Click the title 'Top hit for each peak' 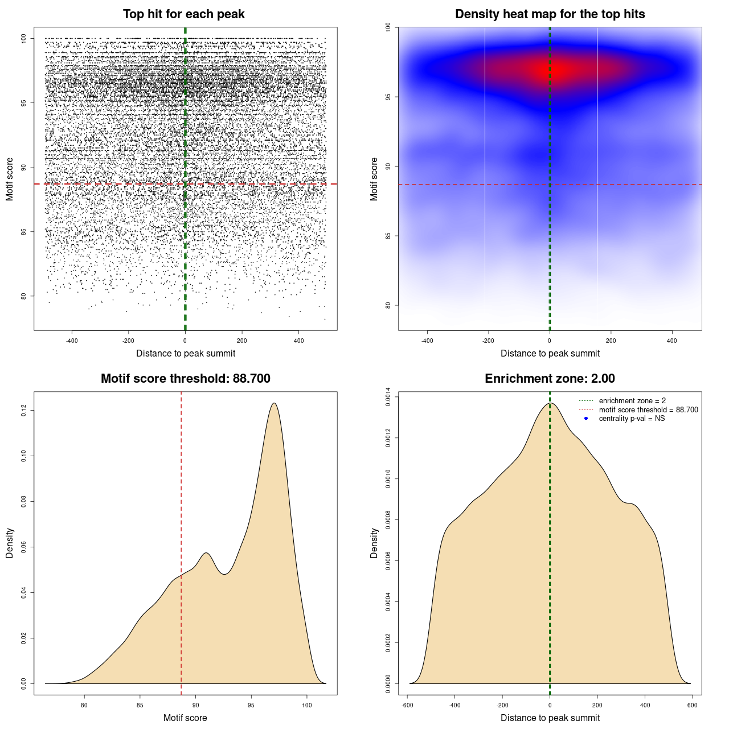183,14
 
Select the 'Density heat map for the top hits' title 550,14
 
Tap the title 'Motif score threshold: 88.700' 185,379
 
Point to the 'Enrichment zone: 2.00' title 550,379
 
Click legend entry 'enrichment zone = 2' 632,401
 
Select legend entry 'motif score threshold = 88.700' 648,410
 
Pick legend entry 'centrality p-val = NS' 632,419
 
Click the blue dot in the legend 586,419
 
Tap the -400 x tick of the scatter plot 72,341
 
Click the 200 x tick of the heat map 611,341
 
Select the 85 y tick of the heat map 388,236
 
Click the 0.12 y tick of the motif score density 23,410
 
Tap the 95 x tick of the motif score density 251,706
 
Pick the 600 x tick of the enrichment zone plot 693,706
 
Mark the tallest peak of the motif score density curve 275,403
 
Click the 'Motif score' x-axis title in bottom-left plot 185,718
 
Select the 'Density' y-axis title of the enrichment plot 374,543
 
